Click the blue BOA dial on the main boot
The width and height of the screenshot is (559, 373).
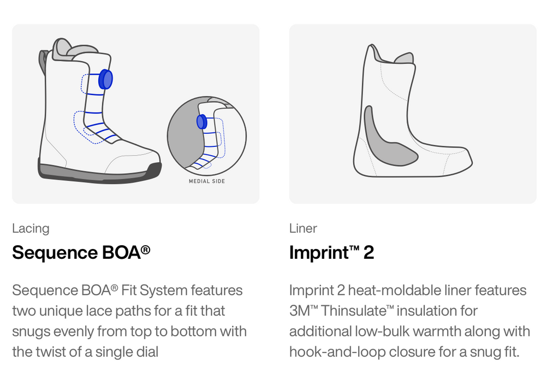click(105, 79)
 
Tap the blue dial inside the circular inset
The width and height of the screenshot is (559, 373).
click(202, 122)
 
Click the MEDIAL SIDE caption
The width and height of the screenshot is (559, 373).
click(207, 181)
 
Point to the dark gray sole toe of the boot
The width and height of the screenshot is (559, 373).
click(154, 170)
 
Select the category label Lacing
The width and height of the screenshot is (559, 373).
click(31, 228)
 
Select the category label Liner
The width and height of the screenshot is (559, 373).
click(303, 228)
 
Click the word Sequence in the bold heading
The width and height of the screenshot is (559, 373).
click(55, 252)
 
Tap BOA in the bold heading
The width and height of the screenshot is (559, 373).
click(121, 252)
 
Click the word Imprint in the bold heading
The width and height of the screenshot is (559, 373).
click(319, 252)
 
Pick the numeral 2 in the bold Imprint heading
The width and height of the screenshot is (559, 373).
click(368, 253)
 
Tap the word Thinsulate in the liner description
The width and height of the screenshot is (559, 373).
click(353, 311)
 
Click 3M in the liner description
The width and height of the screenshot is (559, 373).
click(300, 311)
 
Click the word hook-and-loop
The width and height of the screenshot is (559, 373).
click(337, 352)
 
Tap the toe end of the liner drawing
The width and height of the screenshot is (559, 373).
click(471, 162)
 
